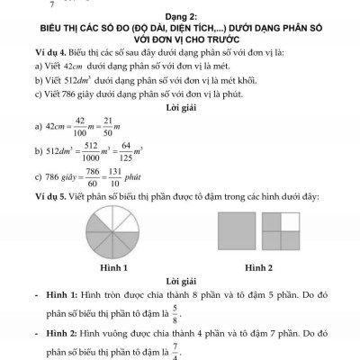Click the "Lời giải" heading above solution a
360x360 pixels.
[x=180, y=111]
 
